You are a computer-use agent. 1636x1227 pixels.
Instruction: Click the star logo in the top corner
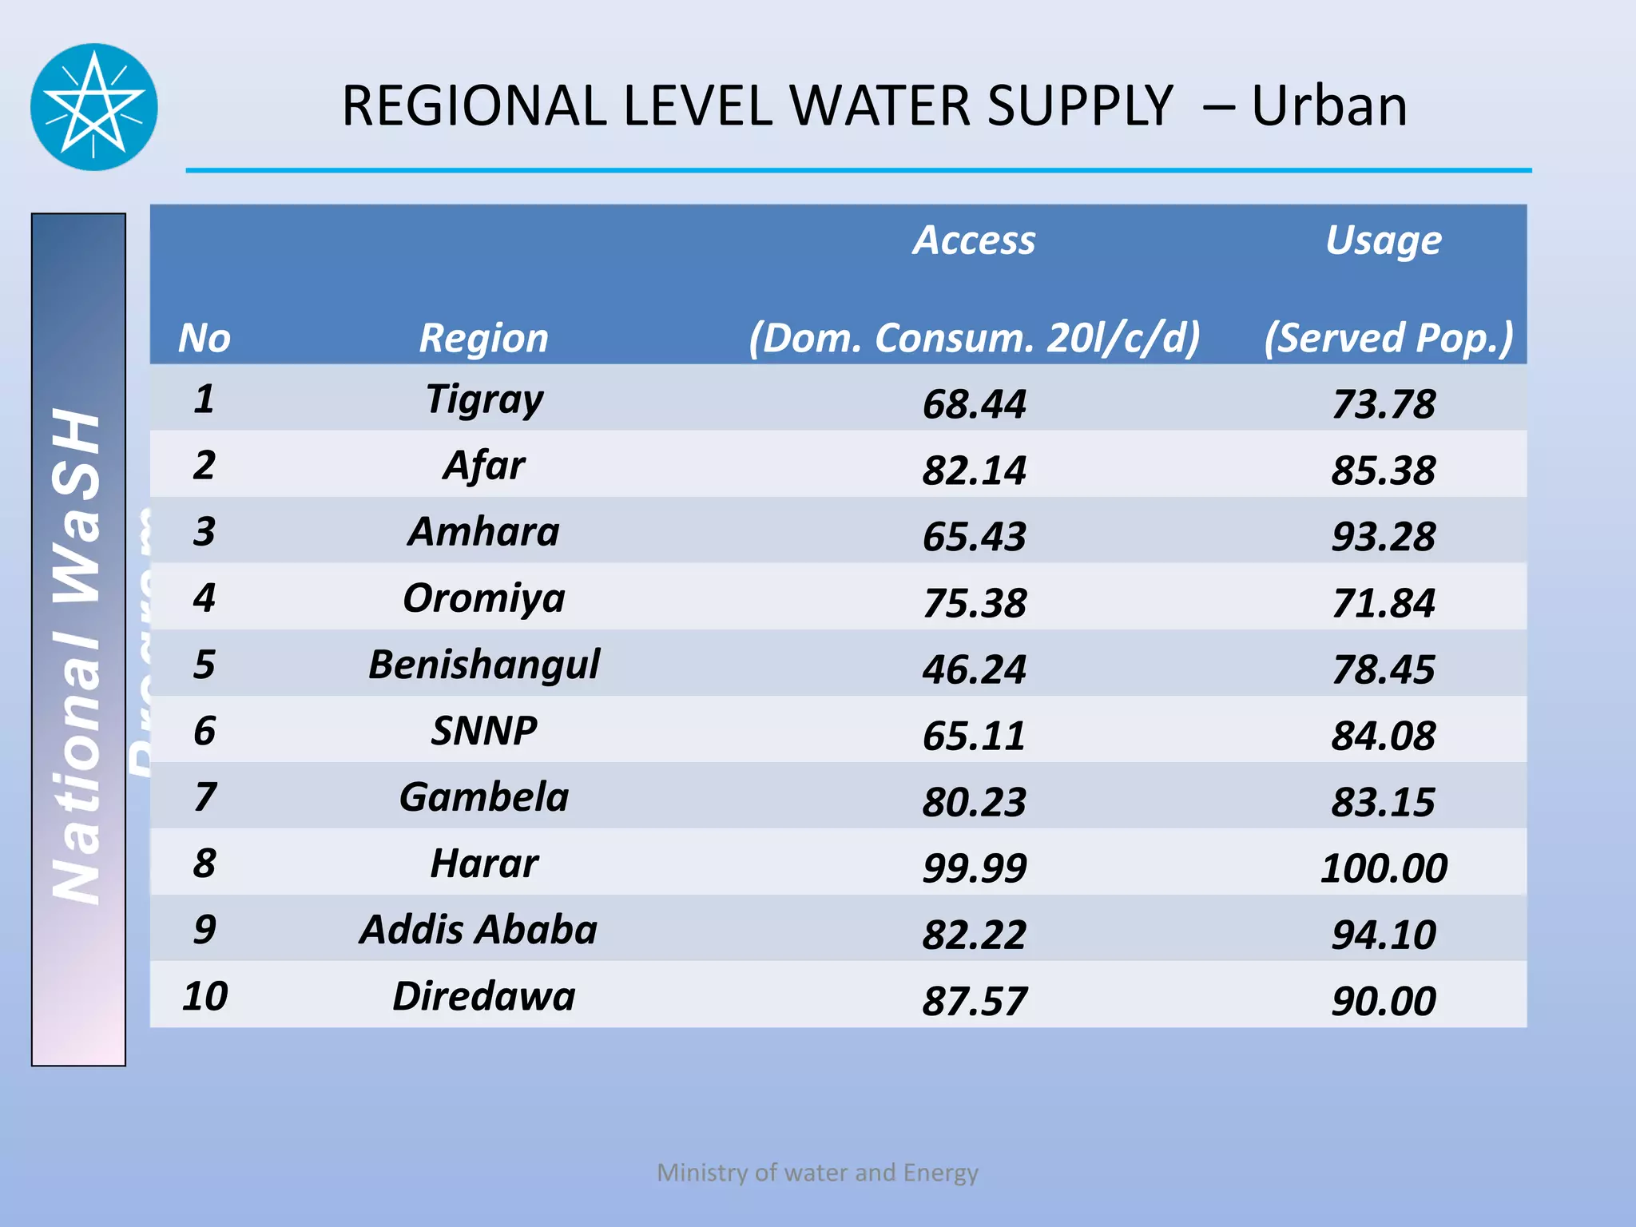click(x=94, y=107)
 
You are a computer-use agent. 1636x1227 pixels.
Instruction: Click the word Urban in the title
click(x=1328, y=105)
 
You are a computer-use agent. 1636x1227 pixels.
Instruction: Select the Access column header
click(x=974, y=240)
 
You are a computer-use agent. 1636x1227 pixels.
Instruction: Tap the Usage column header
click(x=1384, y=240)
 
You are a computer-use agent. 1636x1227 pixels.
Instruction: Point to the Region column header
click(x=484, y=337)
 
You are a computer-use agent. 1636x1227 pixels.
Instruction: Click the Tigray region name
click(x=484, y=399)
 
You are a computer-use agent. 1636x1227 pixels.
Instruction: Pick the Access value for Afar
click(x=974, y=470)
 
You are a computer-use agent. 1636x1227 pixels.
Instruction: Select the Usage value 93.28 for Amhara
click(x=1384, y=536)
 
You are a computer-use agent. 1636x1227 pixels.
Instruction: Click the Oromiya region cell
click(x=484, y=598)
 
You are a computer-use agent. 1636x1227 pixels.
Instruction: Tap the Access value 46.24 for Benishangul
click(x=974, y=669)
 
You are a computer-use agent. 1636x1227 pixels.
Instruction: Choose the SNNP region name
click(x=484, y=730)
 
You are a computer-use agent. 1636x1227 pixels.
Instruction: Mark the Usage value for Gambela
click(x=1384, y=801)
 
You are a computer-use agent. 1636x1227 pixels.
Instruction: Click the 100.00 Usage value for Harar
click(x=1384, y=868)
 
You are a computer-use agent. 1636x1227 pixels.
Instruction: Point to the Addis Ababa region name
click(x=478, y=929)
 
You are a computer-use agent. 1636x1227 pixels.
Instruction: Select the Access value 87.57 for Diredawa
click(x=974, y=1000)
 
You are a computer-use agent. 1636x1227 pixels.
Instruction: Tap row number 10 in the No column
click(x=204, y=995)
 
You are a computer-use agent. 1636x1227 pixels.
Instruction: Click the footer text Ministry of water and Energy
click(x=817, y=1172)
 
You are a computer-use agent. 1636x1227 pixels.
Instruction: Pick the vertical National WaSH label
click(x=77, y=655)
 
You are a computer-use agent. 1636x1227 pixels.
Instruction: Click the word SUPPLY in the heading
click(x=1079, y=105)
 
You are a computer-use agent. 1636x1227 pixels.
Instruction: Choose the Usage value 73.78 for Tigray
click(x=1384, y=403)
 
